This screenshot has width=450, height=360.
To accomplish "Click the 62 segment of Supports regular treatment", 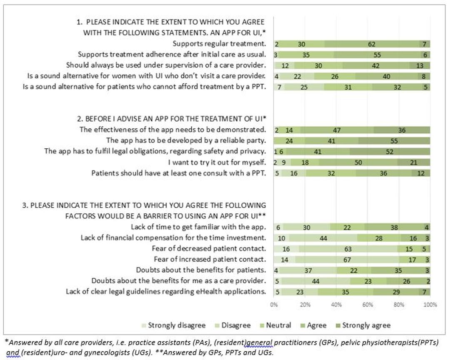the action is coord(372,44).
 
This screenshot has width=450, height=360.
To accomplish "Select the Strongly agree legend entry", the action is coord(363,325).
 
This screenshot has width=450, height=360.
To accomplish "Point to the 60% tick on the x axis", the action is coord(367,305).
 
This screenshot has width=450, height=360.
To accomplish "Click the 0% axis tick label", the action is coord(274,305).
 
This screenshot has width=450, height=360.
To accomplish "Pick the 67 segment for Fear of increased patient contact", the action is coord(347,260).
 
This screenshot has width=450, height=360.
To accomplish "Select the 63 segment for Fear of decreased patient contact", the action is coord(348,249).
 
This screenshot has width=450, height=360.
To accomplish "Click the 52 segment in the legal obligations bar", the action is coord(390,152).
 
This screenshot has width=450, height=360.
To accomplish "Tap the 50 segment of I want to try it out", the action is coord(358,162).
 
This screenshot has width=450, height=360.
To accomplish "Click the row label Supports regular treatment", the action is coord(219,44).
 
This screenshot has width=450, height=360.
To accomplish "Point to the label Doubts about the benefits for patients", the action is coord(201,270).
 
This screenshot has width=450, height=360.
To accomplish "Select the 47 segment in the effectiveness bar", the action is coord(337,130).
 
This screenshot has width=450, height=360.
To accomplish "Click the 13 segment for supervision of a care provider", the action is coord(420,65).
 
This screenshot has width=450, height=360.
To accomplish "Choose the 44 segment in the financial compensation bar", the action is coord(323,238).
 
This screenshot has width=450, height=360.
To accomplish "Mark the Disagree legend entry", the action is coord(233,325).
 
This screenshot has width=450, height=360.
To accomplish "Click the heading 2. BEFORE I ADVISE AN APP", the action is coord(171,119).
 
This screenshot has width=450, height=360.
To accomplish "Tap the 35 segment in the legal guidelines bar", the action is coord(345,292).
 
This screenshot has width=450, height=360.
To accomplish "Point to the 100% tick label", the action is coord(430,305).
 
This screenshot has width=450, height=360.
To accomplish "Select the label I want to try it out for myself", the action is coord(217,162).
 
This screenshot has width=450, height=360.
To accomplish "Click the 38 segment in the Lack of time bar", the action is coord(394,227).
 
